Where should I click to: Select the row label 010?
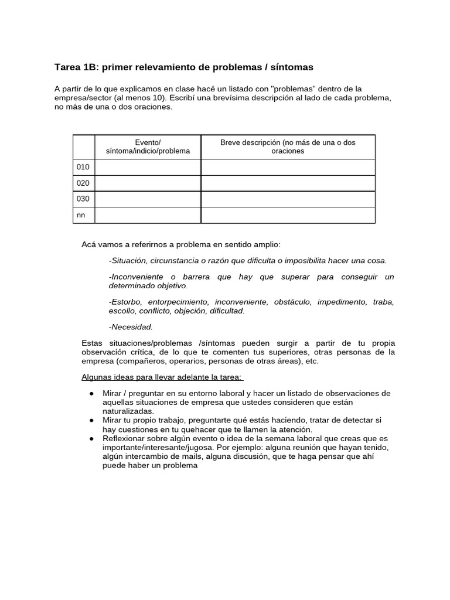coord(83,168)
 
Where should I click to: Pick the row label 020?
coord(83,183)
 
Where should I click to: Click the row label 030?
coord(83,199)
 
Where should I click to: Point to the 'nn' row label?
coord(81,215)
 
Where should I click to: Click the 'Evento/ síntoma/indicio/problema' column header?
coord(148,146)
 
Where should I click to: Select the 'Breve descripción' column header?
coord(287,146)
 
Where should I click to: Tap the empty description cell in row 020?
coord(288,183)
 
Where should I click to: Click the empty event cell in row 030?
coord(148,199)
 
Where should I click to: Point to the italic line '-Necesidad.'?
coord(131,327)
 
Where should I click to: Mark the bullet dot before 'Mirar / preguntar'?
coord(92,393)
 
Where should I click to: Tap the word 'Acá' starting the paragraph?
coord(88,244)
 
